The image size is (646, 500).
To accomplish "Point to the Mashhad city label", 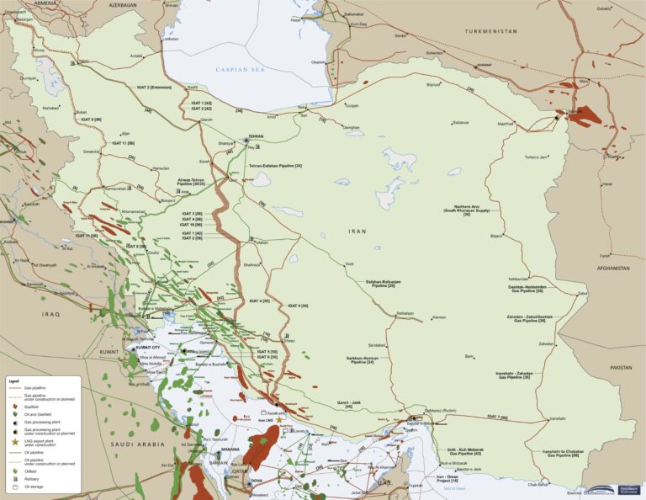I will [x=505, y=124].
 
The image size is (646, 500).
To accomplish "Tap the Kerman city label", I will [x=437, y=317].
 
